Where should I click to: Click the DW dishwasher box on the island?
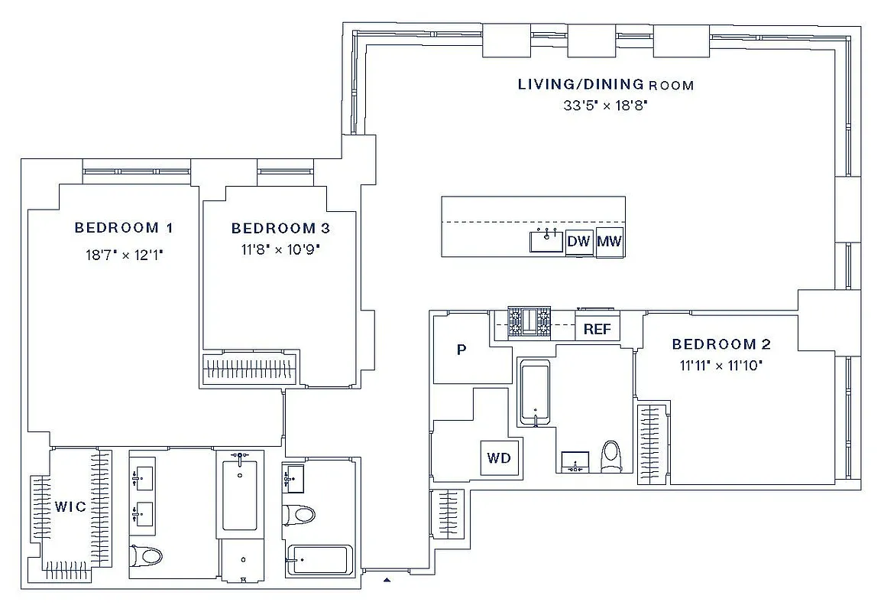tap(580, 243)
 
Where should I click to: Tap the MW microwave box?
tap(610, 243)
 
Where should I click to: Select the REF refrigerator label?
tap(597, 329)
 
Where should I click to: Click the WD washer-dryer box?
tap(500, 459)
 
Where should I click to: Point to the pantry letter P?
tap(461, 350)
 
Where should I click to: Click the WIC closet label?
tap(70, 507)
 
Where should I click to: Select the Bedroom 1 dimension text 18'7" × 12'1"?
tap(125, 255)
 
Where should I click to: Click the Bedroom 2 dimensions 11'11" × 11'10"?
tap(720, 366)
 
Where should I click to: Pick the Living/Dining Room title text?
tap(605, 84)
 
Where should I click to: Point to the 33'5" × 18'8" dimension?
tap(605, 106)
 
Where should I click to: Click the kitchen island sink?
tap(547, 241)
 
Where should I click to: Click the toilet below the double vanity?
tap(146, 555)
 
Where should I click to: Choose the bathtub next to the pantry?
tap(535, 394)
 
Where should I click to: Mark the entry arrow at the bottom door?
tap(387, 580)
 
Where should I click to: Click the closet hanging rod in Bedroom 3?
tap(251, 369)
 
